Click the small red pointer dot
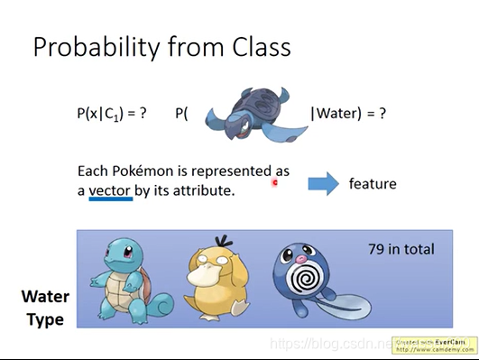[x=275, y=182]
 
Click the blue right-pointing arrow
[x=322, y=183]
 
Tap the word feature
[x=373, y=184]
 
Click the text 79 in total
[x=401, y=249]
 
